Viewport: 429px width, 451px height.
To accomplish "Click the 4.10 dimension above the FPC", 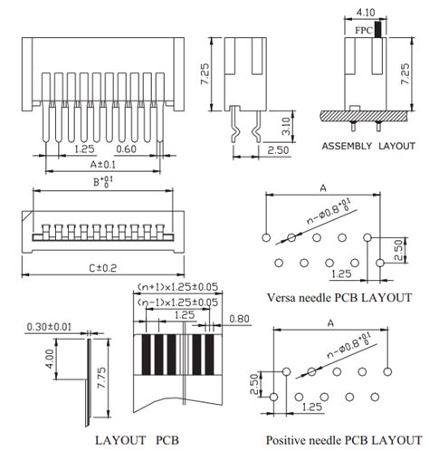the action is pyautogui.click(x=366, y=13).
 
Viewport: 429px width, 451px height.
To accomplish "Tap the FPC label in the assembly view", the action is pyautogui.click(x=364, y=31).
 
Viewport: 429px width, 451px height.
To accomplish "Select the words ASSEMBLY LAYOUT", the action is pyautogui.click(x=368, y=146).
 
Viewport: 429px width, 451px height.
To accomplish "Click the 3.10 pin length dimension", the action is pyautogui.click(x=286, y=126).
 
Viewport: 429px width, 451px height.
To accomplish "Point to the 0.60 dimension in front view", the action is pyautogui.click(x=126, y=149).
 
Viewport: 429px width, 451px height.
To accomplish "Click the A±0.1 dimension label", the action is pyautogui.click(x=103, y=165).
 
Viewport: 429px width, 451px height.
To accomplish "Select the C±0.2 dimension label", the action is pyautogui.click(x=103, y=268).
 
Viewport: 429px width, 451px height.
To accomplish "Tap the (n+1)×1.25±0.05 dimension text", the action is pyautogui.click(x=177, y=287).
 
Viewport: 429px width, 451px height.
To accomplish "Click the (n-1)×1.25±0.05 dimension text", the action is pyautogui.click(x=177, y=302).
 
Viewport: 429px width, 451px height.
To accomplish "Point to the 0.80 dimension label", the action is pyautogui.click(x=239, y=319).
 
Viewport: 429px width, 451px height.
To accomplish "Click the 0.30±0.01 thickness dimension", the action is pyautogui.click(x=49, y=327).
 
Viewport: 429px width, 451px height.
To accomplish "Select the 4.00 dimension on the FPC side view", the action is pyautogui.click(x=50, y=359).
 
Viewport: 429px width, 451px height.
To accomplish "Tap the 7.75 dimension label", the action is pyautogui.click(x=101, y=378).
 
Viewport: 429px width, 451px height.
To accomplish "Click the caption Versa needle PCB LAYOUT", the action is pyautogui.click(x=339, y=298).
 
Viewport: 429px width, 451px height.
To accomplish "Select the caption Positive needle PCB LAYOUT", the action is pyautogui.click(x=344, y=440).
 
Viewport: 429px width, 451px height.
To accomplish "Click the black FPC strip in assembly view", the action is pyautogui.click(x=378, y=29).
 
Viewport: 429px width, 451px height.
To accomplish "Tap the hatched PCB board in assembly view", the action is pyautogui.click(x=365, y=116).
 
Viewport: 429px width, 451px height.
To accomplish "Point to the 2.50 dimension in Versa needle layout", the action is pyautogui.click(x=398, y=250).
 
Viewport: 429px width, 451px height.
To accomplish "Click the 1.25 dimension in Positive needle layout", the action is pyautogui.click(x=312, y=407).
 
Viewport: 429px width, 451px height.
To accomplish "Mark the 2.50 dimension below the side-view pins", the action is pyautogui.click(x=278, y=150).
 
